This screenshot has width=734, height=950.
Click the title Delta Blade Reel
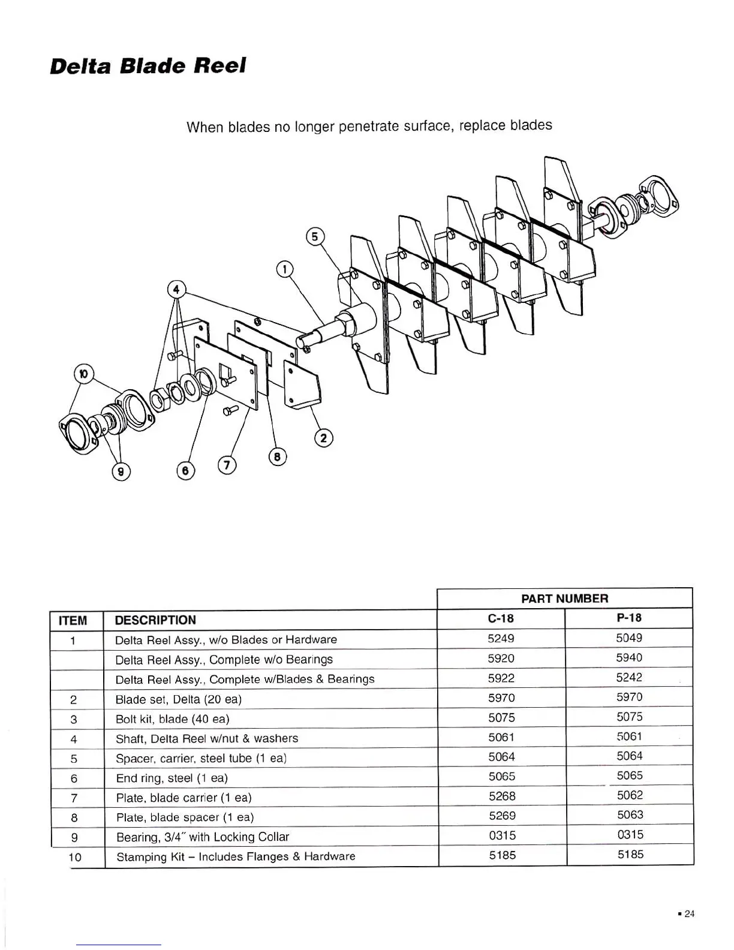[148, 65]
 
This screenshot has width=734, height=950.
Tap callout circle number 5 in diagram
[315, 236]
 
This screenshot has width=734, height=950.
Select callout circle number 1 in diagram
[285, 269]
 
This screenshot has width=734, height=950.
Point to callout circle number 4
[176, 290]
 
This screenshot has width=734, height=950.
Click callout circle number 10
[83, 373]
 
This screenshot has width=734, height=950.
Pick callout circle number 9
[122, 472]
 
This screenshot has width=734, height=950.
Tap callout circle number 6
[185, 471]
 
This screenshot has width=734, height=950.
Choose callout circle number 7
[227, 465]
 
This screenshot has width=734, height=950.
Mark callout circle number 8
[277, 457]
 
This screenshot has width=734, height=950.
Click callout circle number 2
[324, 438]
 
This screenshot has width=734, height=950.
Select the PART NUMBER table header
[564, 599]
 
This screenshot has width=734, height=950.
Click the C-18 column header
[501, 618]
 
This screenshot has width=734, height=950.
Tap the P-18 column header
[628, 618]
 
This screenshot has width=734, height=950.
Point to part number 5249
[501, 639]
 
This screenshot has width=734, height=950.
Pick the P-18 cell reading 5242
[629, 678]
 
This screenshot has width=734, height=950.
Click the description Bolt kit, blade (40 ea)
[172, 719]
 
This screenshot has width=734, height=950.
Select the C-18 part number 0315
[501, 835]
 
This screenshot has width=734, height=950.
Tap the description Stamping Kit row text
[236, 856]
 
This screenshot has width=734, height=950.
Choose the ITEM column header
[73, 620]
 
